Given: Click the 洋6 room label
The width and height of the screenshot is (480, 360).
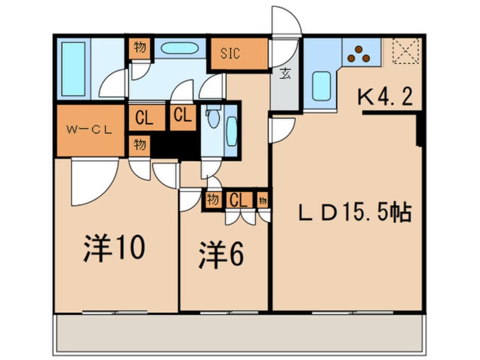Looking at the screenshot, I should (221, 254).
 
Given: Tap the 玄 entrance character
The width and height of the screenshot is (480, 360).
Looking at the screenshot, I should (285, 74).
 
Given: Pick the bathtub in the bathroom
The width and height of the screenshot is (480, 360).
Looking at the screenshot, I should (73, 69).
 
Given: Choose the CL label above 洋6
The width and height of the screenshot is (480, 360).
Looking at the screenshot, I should (238, 200).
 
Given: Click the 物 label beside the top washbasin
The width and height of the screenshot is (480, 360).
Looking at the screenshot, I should (139, 48).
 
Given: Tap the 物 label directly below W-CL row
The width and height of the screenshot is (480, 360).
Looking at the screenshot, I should (139, 145).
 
